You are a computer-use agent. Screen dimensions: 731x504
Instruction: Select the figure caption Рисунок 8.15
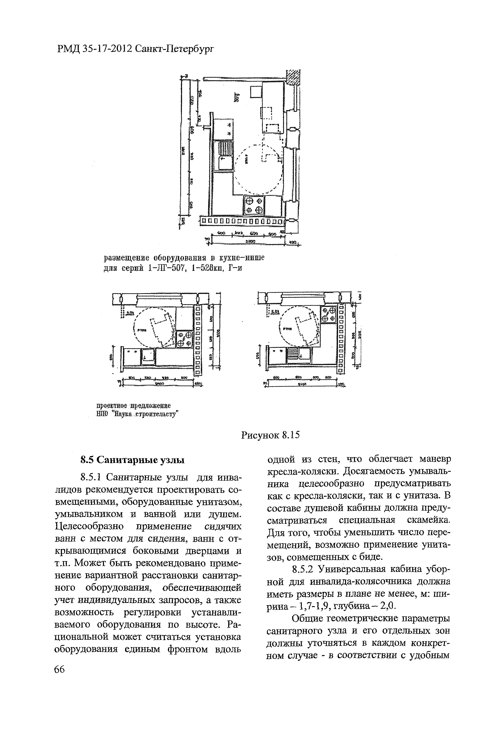(270, 435)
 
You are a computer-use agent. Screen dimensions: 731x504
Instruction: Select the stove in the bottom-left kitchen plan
(184, 339)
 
